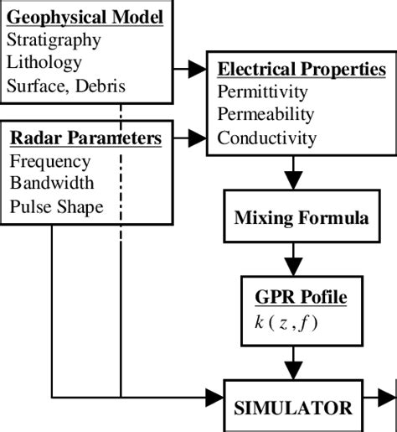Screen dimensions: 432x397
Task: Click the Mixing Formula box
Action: (301, 219)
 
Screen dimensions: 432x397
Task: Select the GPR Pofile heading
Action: (301, 297)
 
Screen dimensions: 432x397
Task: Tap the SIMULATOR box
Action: (293, 408)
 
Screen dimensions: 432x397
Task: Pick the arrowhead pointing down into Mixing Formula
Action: (292, 180)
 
